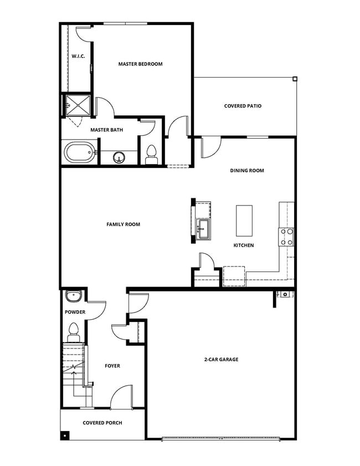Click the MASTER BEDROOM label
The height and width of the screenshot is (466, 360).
coord(140,64)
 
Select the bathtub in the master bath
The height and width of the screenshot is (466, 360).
coord(78,153)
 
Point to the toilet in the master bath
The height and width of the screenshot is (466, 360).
coord(151,153)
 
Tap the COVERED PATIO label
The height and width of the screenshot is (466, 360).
coord(243,106)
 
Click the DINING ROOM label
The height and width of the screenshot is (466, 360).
coord(247,171)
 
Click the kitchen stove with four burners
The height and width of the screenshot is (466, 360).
coord(287,237)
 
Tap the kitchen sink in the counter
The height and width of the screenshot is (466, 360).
coord(202,228)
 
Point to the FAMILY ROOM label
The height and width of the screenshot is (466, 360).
coord(123,224)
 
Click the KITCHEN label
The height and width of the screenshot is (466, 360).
coord(244,245)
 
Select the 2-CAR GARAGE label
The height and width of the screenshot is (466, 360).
coord(221,360)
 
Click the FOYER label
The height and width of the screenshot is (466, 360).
coord(112,366)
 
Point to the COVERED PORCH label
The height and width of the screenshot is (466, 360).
coord(102,423)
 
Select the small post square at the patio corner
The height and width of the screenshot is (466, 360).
coord(295,79)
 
